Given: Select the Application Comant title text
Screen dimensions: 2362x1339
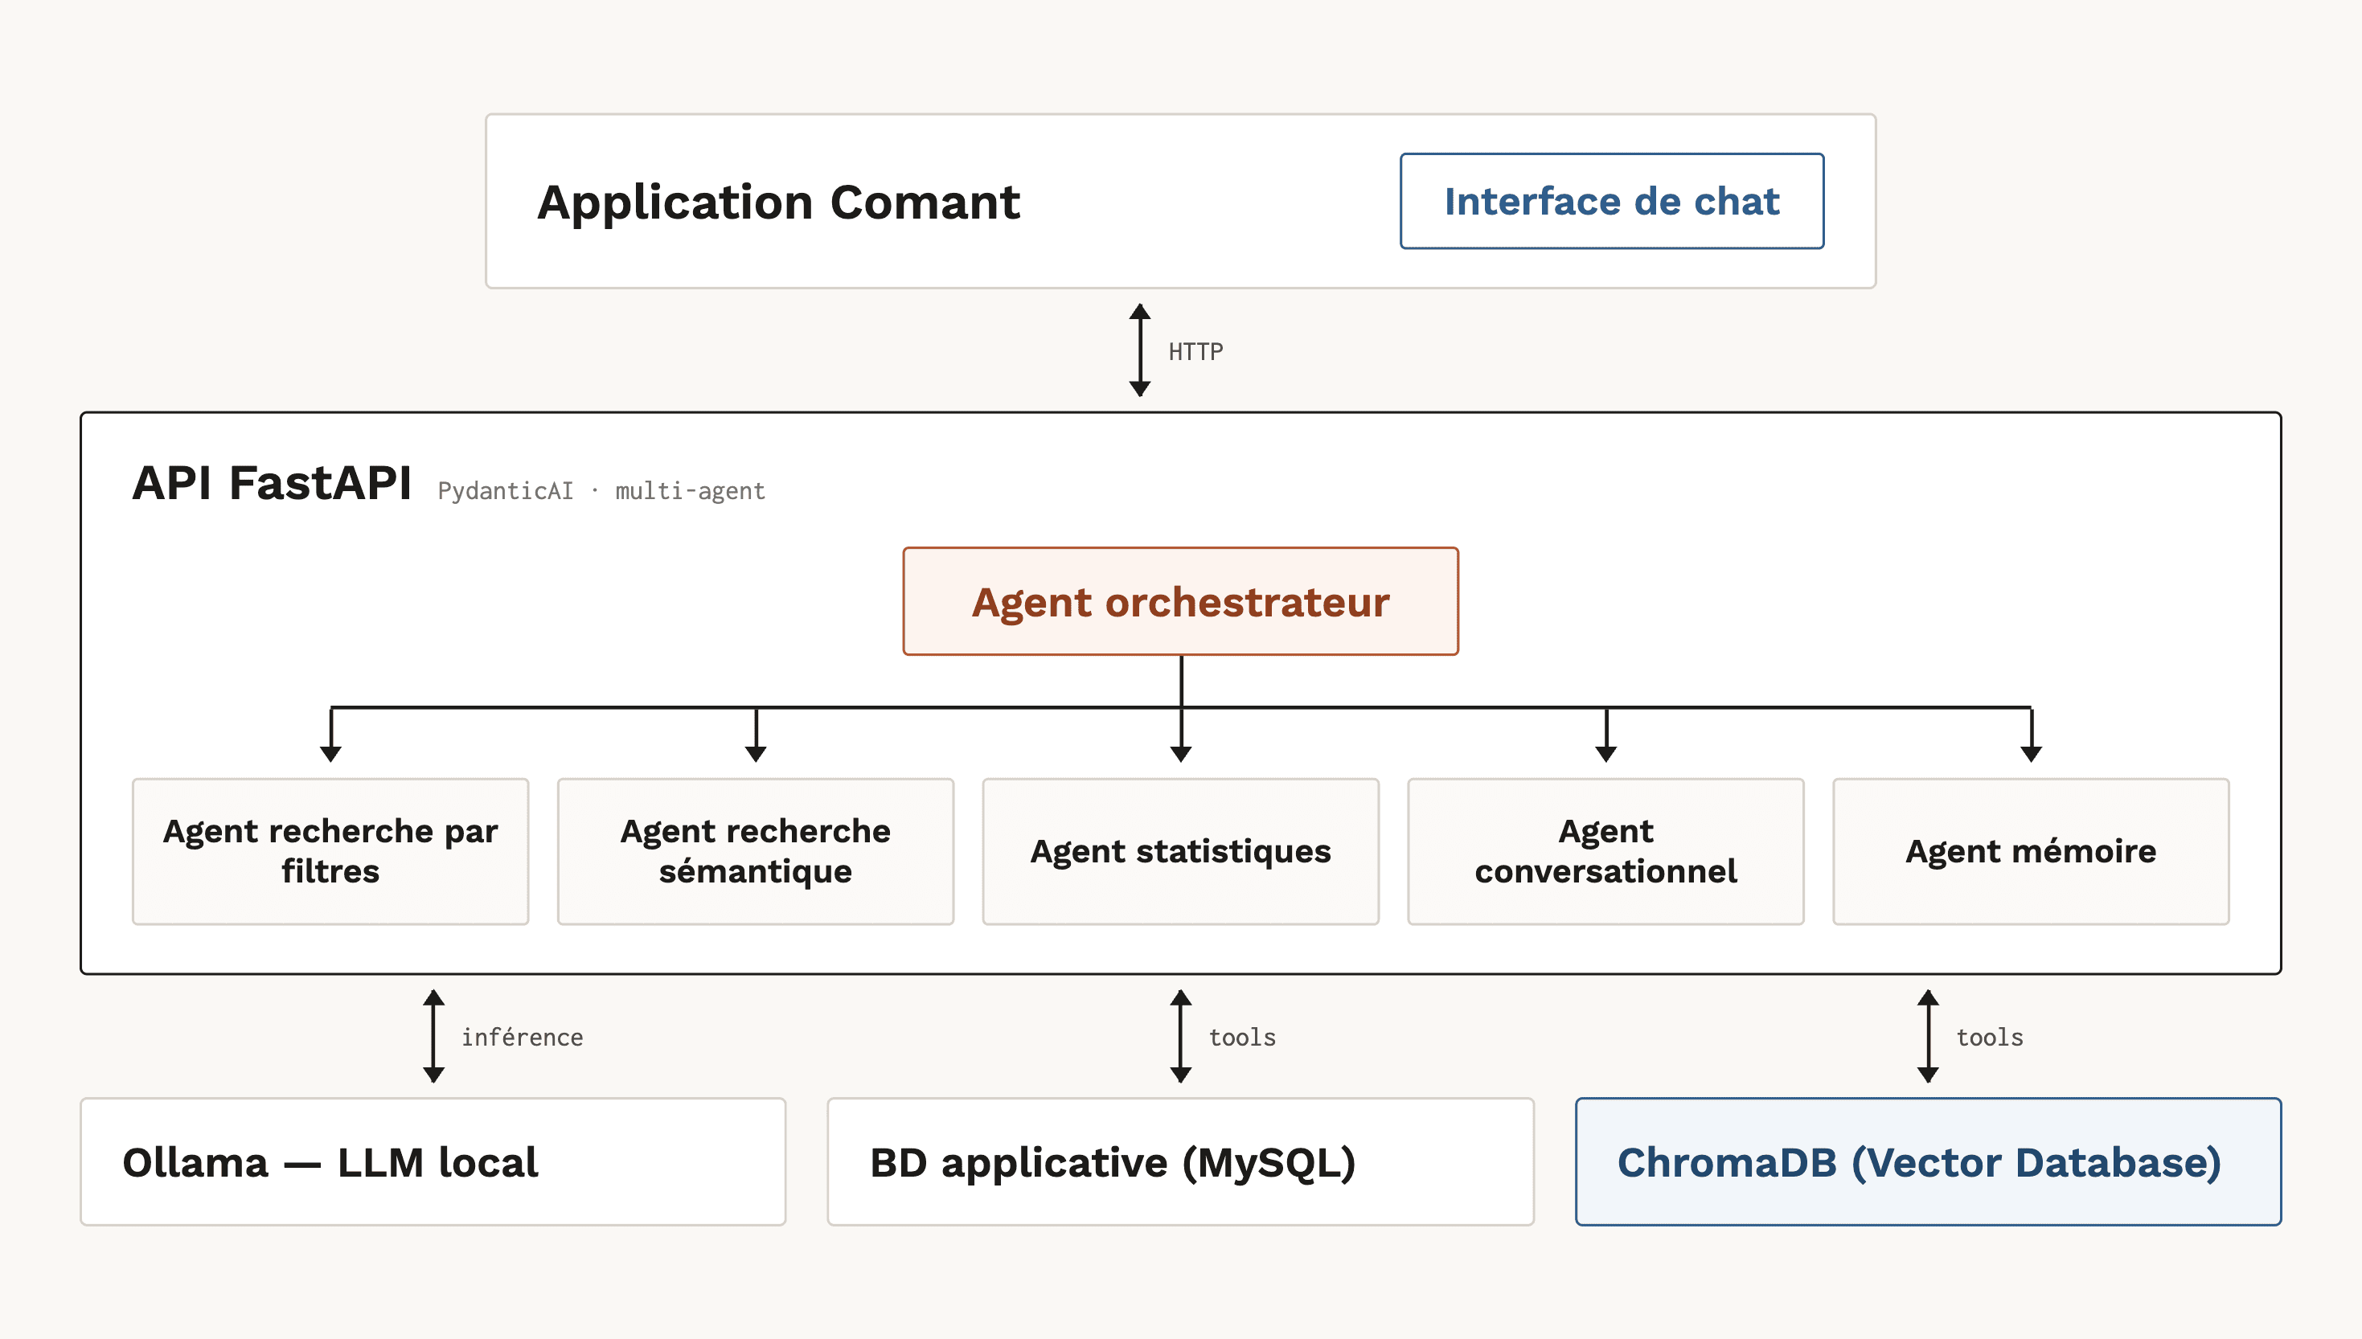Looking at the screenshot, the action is pyautogui.click(x=778, y=203).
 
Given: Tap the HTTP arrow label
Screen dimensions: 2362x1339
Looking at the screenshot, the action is pyautogui.click(x=1195, y=351).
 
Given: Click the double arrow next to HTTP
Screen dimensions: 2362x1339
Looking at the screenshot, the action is pyautogui.click(x=1140, y=350).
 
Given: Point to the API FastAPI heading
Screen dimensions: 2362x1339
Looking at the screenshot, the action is pyautogui.click(x=272, y=482).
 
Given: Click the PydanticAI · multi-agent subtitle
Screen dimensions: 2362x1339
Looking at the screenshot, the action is pyautogui.click(x=601, y=491).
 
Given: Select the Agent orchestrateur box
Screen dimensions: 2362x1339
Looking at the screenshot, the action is pyautogui.click(x=1180, y=601).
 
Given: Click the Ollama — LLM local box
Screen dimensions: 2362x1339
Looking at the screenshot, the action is pyautogui.click(x=433, y=1161).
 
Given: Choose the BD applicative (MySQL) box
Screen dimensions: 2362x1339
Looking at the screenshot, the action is pyautogui.click(x=1180, y=1161).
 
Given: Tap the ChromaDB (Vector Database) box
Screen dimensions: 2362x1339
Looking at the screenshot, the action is pyautogui.click(x=1928, y=1161).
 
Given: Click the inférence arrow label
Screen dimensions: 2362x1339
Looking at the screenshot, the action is pyautogui.click(x=522, y=1038).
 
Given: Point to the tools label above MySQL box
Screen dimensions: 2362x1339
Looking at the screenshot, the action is pyautogui.click(x=1242, y=1038).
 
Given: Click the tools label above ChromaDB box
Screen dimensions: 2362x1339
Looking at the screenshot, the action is pyautogui.click(x=1990, y=1038).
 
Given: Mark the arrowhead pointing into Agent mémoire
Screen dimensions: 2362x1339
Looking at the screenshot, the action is pyautogui.click(x=2031, y=754).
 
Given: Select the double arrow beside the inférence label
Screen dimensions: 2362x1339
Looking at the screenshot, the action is pyautogui.click(x=434, y=1037).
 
